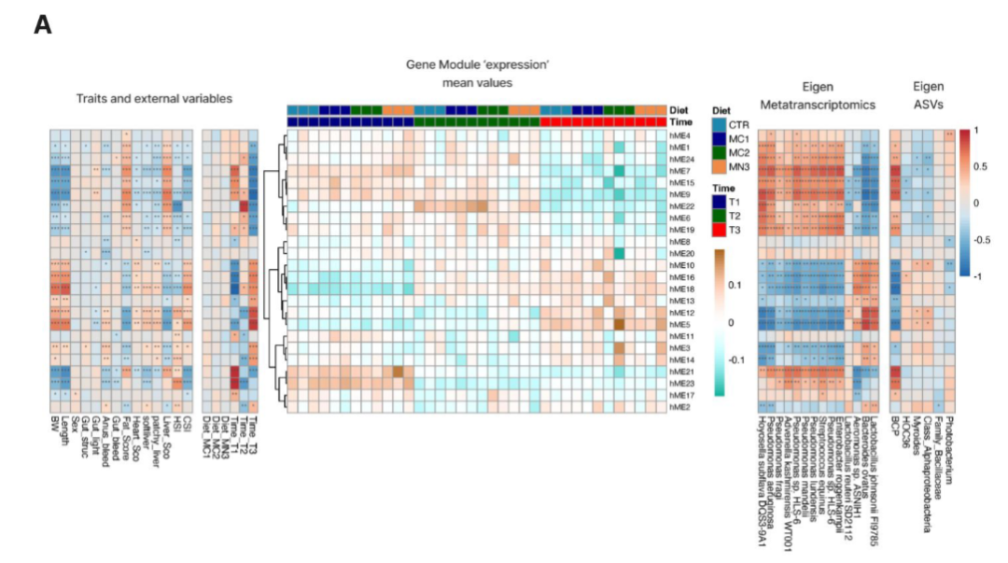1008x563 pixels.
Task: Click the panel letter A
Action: [42, 24]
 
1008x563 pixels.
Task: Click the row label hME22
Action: [680, 205]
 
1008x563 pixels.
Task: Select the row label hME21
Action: [680, 372]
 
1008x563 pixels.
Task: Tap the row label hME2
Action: [679, 407]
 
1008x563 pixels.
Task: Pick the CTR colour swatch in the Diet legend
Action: [718, 124]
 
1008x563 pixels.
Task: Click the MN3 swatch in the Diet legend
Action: [718, 166]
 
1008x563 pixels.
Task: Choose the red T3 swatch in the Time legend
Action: [718, 229]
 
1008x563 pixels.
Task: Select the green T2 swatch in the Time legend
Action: [718, 215]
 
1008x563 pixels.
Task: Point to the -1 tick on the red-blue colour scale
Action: [974, 276]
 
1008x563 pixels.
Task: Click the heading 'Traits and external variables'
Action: [154, 98]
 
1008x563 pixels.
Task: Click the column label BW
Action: [56, 424]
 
